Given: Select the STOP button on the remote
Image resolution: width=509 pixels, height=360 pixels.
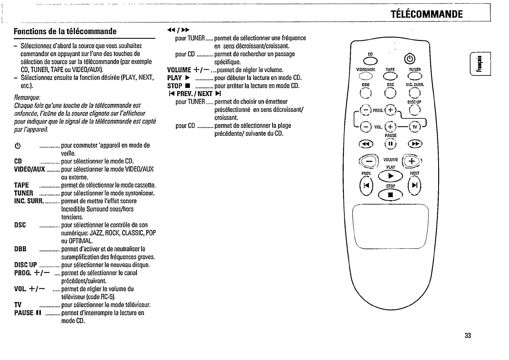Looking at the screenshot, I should (x=391, y=194).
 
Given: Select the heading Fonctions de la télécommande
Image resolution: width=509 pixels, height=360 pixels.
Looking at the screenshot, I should (x=65, y=31).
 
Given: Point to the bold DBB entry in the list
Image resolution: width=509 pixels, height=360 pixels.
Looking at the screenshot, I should (x=20, y=249).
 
